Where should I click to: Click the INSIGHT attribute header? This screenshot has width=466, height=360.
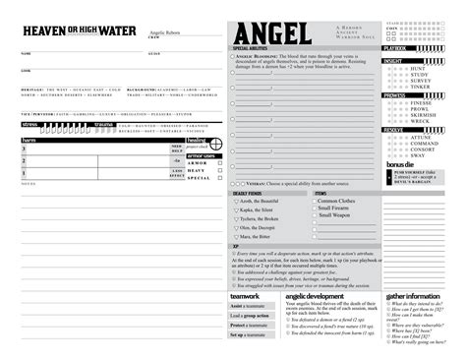[393, 60]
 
